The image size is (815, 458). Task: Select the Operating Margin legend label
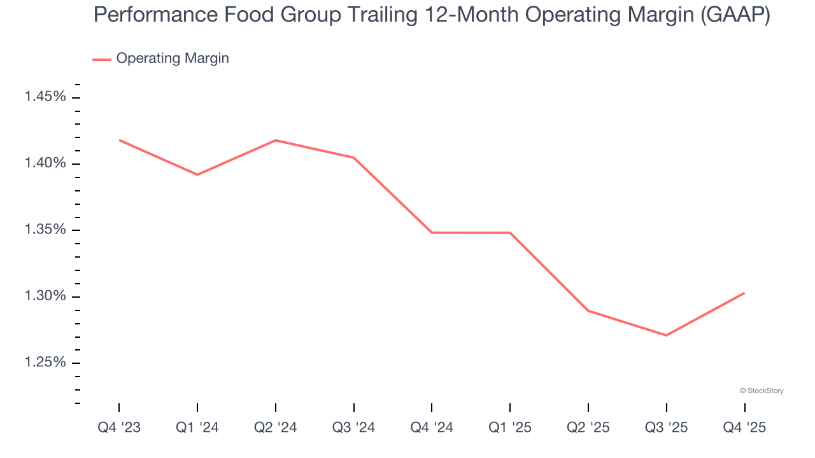pos(173,59)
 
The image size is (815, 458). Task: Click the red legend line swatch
pos(102,59)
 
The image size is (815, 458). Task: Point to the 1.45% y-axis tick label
pos(45,97)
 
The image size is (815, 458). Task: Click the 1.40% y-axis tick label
pos(45,163)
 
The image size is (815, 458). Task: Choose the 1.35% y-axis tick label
pos(45,230)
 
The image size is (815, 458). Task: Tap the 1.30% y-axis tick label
pos(45,296)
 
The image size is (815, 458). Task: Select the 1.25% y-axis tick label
pos(45,363)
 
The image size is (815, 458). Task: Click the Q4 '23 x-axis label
pos(119,428)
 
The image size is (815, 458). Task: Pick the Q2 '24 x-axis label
pos(275,428)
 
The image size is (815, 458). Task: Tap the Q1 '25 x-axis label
pos(510,428)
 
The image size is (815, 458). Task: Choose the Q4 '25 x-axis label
pos(744,428)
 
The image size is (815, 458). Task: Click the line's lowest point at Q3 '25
pos(666,335)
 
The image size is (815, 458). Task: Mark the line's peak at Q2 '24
pos(275,140)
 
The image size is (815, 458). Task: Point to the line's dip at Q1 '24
pos(197,174)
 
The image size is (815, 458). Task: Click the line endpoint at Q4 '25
pos(744,293)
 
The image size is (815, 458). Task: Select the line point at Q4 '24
pos(432,233)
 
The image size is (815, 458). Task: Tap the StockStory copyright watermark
pos(762,391)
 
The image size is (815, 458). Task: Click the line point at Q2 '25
pos(588,310)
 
